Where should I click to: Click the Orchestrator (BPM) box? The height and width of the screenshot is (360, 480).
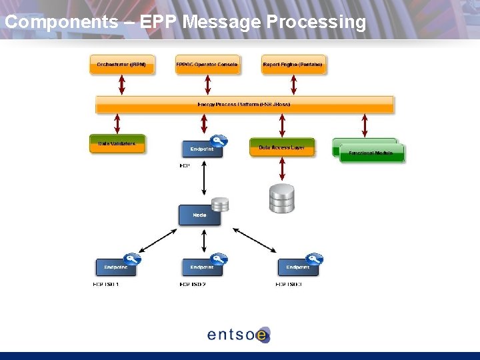coord(121,65)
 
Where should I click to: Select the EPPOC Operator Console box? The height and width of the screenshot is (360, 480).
coord(207,65)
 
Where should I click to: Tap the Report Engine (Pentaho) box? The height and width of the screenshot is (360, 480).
coord(293,65)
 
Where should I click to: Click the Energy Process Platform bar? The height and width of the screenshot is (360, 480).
coord(244,105)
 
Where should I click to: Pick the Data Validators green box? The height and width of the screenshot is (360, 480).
coord(117,143)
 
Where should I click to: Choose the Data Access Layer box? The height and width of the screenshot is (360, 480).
coord(281,147)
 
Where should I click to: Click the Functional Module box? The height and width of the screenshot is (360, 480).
coord(371,153)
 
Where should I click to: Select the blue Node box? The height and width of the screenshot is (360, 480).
coord(199,215)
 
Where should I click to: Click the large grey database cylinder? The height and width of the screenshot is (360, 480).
coord(281,199)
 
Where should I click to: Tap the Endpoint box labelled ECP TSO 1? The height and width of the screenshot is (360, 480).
coord(115,267)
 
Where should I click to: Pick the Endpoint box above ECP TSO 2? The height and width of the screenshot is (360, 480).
coord(202,267)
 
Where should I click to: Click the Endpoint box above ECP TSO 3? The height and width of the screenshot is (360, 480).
coord(298,267)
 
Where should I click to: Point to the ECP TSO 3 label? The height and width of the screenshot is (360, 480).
coord(289,285)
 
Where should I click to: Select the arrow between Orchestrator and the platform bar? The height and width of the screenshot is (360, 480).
coord(121,85)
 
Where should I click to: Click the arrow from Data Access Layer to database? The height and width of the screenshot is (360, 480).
coord(282,169)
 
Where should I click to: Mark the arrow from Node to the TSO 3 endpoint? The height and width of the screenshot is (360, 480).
coord(254,240)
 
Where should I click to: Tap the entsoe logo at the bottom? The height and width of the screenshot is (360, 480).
coord(239,334)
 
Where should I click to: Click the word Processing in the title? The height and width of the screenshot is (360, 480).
coord(316,22)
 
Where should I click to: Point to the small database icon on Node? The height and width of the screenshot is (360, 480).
coord(219,205)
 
